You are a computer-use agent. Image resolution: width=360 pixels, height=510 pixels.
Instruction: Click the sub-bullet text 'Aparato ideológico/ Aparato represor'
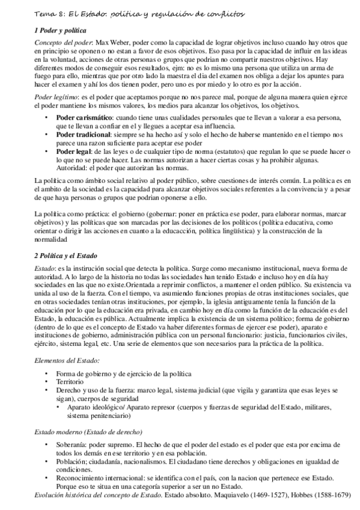[x=121, y=407]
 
